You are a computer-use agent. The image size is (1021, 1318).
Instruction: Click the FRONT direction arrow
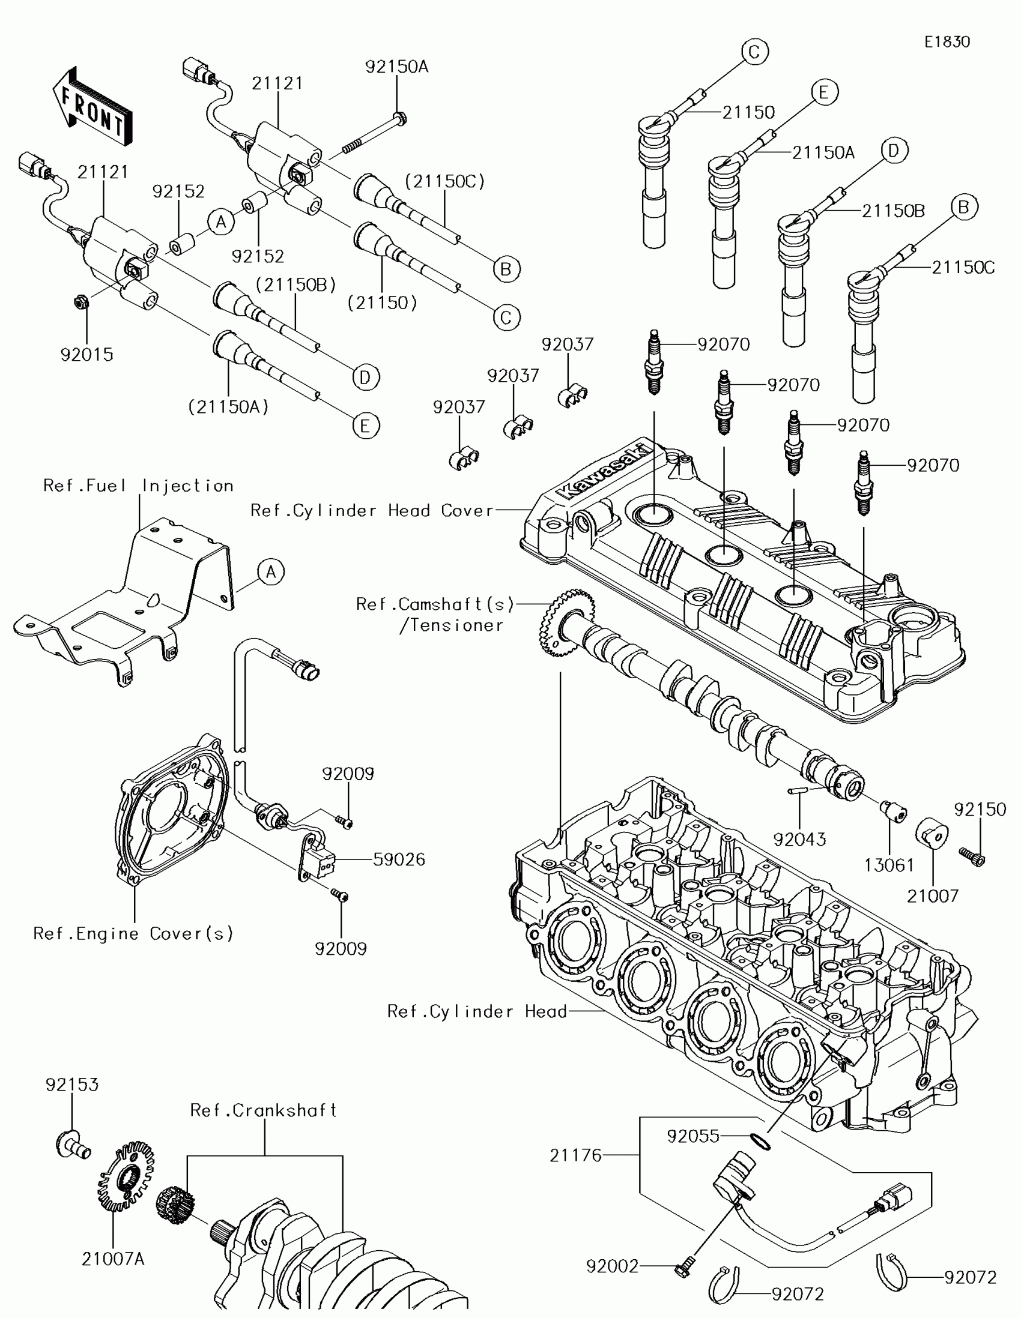point(92,106)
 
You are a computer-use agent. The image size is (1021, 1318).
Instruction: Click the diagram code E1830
point(947,41)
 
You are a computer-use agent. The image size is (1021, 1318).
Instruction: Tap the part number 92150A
point(396,67)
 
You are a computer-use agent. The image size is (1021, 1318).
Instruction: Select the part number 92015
point(87,354)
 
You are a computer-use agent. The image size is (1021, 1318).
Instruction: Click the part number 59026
point(399,859)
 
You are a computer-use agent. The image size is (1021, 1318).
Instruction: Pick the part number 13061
point(889,865)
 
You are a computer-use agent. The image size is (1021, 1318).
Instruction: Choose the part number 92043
point(799,839)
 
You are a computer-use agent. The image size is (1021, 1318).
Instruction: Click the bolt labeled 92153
point(73,1144)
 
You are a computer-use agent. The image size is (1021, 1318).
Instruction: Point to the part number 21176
point(575,1155)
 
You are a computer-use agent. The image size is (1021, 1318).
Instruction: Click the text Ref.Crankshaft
point(263,1110)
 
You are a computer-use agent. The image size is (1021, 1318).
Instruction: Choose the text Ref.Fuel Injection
point(138,486)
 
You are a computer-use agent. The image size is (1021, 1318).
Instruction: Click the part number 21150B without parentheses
point(893,211)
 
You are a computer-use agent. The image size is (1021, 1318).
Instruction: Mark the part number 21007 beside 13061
point(933,895)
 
